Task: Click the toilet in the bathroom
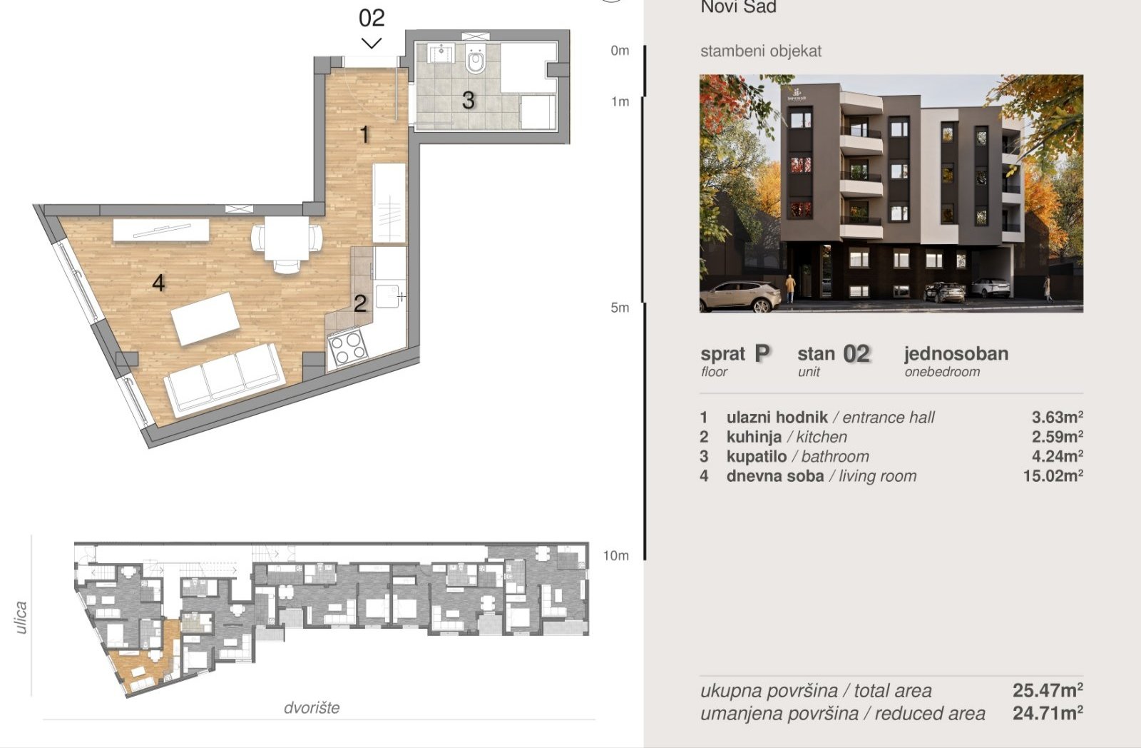(476, 59)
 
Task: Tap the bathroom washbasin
(440, 53)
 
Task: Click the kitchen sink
(388, 296)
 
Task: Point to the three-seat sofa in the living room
(224, 380)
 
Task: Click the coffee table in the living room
(205, 318)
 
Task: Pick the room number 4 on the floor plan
(158, 283)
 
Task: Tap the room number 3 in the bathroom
(468, 101)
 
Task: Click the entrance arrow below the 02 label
(372, 44)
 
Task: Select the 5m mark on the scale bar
(620, 308)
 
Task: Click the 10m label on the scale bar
(615, 555)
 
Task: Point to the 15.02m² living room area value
(1053, 476)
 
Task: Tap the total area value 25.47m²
(1048, 690)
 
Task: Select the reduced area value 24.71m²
(1048, 713)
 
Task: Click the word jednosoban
(956, 353)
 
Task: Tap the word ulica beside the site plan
(21, 617)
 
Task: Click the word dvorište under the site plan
(311, 707)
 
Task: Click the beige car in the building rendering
(740, 296)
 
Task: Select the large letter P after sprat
(762, 353)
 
